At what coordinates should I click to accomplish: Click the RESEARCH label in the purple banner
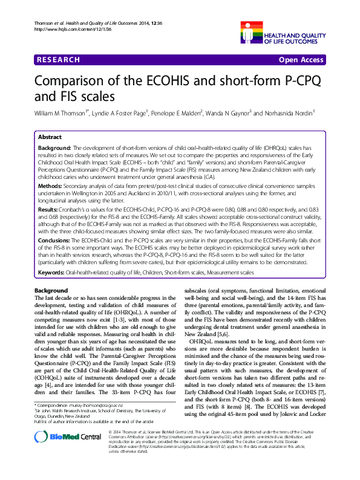[x=59, y=60]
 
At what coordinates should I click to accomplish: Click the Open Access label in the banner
[x=301, y=60]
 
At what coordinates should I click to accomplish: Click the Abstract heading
[x=50, y=137]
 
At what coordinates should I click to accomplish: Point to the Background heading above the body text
[x=51, y=291]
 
